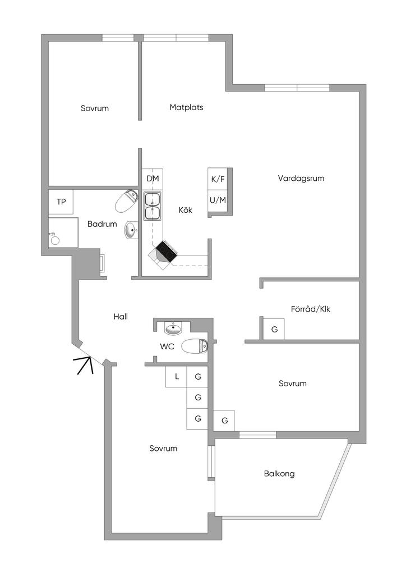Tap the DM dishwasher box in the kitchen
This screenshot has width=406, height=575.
[153, 179]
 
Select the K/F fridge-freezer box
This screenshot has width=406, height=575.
[218, 179]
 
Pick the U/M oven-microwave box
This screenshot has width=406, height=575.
[218, 200]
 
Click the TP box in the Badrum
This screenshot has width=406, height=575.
[61, 202]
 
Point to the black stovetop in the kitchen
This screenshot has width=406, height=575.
[167, 252]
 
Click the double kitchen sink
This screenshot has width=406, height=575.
[152, 206]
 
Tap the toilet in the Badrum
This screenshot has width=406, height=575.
[127, 201]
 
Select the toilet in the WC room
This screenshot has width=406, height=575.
[195, 346]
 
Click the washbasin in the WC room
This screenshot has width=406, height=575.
[174, 328]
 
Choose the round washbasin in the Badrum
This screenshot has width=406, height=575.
[132, 230]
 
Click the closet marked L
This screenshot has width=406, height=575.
[177, 376]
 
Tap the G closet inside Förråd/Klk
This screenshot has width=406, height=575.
[274, 329]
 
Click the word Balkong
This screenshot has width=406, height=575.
[279, 473]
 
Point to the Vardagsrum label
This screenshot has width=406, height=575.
[301, 179]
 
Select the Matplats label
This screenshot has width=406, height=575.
[186, 107]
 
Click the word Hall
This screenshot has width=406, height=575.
[121, 317]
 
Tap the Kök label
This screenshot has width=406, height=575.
[186, 210]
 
